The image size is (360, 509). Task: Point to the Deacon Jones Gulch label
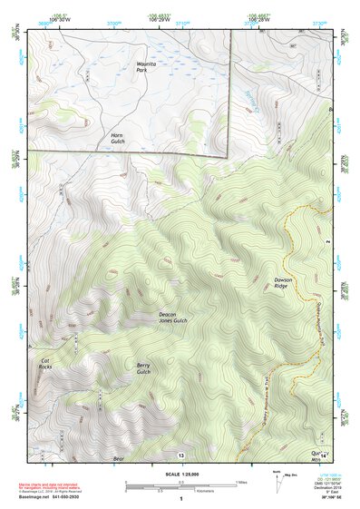167,318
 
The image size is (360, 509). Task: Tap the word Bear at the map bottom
118,458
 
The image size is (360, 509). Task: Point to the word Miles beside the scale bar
242,482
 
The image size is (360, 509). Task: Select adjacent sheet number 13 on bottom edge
181,454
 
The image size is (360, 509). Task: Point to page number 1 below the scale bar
181,499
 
